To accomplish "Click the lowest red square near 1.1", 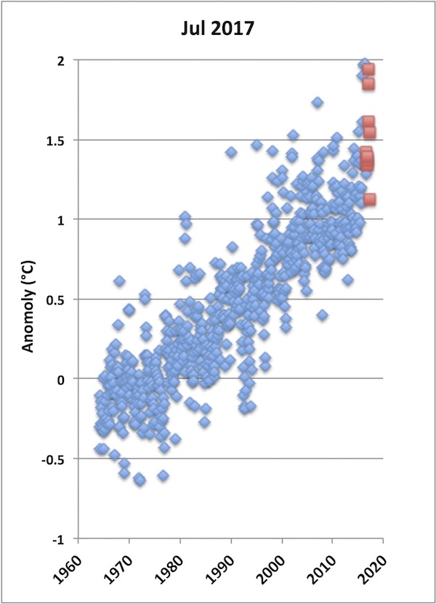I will coord(369,199).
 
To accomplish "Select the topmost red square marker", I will coord(368,70).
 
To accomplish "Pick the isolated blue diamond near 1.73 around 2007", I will coord(318,102).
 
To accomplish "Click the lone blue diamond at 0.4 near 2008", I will coord(322,315).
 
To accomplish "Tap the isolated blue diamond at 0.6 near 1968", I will coord(119,281).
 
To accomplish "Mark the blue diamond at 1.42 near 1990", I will coord(231,152).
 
